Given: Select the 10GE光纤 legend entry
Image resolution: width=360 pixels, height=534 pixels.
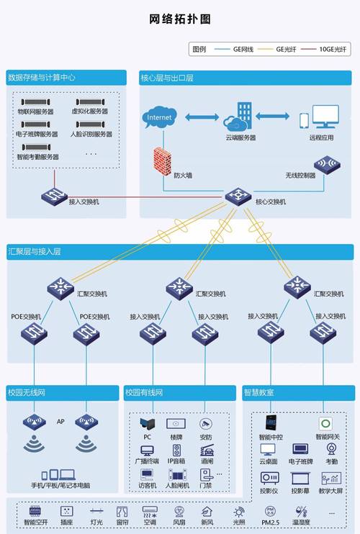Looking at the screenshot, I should tap(333, 50).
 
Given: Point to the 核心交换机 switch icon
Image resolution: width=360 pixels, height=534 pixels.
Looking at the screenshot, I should tap(236, 196).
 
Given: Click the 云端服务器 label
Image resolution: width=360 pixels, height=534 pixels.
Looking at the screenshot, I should tap(240, 137).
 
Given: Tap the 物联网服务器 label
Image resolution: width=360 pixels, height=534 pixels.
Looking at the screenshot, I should tap(36, 112).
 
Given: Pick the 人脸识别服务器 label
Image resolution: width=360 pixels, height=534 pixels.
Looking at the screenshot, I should tap(91, 134).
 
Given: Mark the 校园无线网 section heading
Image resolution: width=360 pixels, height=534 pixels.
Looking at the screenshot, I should tap(27, 392).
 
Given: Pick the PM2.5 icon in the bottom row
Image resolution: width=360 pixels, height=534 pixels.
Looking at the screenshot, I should tap(270, 512).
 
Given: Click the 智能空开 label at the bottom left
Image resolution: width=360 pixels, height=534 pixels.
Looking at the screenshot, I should tap(35, 522).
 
